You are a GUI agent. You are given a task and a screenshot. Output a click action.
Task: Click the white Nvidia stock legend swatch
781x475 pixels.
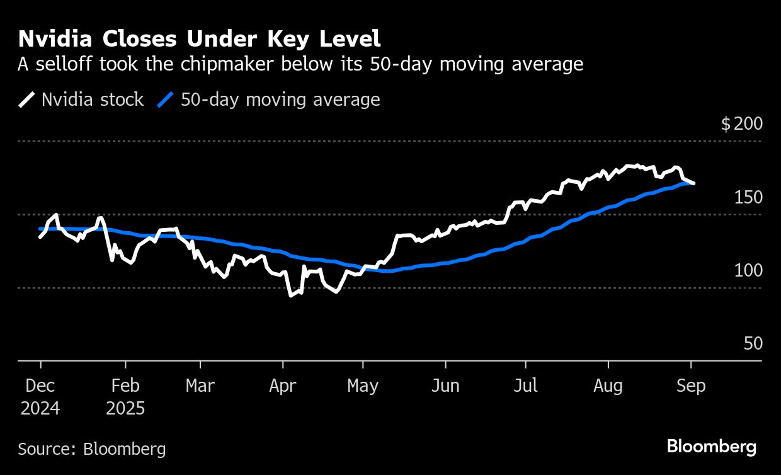[x=27, y=100]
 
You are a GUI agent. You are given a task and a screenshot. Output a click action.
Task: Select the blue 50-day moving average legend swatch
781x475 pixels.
[x=165, y=100]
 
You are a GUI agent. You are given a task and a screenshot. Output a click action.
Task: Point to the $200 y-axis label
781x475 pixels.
[x=741, y=123]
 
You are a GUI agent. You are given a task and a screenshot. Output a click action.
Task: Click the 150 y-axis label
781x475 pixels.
[x=748, y=198]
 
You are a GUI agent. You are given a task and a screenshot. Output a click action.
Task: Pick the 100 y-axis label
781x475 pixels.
[x=748, y=271]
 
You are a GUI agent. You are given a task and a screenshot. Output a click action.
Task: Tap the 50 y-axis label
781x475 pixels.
[x=753, y=344]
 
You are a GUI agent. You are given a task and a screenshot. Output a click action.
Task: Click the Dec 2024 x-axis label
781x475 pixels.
[x=40, y=396]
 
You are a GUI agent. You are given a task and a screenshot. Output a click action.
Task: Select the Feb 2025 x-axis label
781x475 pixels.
[x=125, y=396]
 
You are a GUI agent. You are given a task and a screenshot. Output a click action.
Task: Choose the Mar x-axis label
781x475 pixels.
[x=200, y=386]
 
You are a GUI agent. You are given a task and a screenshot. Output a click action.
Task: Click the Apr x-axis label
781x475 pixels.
[x=283, y=386]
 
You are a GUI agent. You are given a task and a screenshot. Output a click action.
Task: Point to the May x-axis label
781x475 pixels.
[x=363, y=386]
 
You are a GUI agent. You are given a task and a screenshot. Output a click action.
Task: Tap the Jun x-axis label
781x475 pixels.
[x=445, y=386]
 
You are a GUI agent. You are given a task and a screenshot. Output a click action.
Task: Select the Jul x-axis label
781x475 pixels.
[x=525, y=386]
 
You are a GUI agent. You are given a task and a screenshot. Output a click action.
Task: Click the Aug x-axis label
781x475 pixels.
[x=608, y=386]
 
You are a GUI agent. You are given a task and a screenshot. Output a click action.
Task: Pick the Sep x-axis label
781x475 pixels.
[x=691, y=386]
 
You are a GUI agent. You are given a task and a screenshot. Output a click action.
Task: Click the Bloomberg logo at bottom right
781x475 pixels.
[x=712, y=447]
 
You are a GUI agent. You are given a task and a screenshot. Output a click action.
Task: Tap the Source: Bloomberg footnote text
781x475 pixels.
[x=92, y=449]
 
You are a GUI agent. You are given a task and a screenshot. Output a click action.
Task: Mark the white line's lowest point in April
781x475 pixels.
[x=291, y=295]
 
